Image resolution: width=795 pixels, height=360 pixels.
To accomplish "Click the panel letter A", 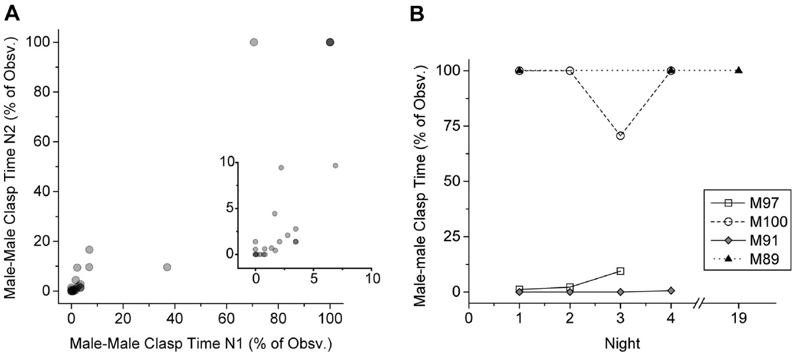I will [x=12, y=13].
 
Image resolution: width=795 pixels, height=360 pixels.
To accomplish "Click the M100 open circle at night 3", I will [x=620, y=136].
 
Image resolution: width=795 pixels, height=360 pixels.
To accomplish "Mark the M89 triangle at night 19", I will [x=739, y=70].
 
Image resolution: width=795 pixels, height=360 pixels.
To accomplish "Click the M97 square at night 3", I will [x=620, y=271].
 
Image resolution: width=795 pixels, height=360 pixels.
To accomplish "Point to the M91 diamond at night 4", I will [x=671, y=290].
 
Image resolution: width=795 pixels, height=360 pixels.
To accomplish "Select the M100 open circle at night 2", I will [x=570, y=71].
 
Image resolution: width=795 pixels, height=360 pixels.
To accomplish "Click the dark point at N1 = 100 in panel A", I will [x=330, y=42].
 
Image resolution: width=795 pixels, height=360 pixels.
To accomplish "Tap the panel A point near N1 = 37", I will [x=167, y=267].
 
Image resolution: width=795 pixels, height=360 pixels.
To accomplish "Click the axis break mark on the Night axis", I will [x=700, y=303].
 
